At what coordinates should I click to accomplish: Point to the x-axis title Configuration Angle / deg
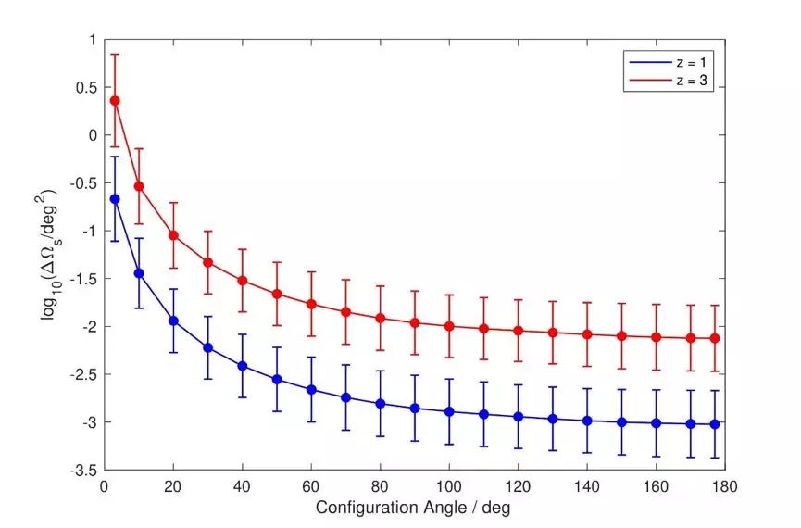click(412, 508)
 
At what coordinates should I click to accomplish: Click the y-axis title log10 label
click(48, 254)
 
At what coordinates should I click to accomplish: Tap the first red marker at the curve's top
click(115, 100)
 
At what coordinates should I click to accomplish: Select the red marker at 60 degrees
click(311, 304)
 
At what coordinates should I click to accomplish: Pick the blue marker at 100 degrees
click(449, 411)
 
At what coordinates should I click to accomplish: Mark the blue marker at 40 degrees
click(243, 366)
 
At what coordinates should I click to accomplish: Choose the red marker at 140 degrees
click(587, 334)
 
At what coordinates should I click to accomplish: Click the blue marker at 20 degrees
click(173, 321)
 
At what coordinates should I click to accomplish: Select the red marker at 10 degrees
click(139, 186)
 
